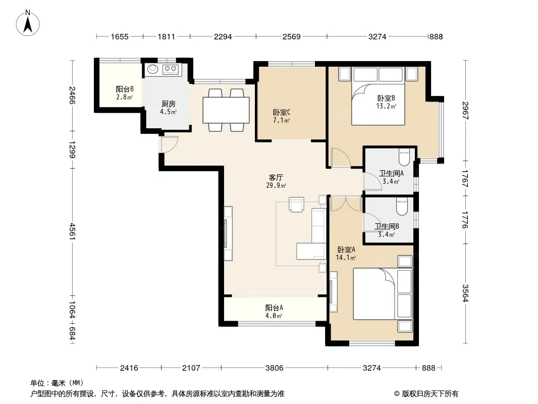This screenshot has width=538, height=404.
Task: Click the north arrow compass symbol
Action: tap(28, 23)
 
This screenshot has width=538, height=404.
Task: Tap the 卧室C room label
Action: tap(282, 112)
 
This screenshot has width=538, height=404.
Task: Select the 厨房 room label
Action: tap(168, 104)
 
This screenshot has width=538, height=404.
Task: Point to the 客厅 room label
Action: tap(276, 177)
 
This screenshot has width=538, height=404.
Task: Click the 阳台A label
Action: tap(274, 308)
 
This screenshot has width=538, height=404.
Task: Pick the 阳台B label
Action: tap(125, 89)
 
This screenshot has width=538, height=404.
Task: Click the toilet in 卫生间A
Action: tap(404, 157)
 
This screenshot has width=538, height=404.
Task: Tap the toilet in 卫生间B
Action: tap(402, 206)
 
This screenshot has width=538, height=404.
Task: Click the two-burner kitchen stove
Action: tap(171, 69)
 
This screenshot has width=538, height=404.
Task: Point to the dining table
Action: tap(226, 110)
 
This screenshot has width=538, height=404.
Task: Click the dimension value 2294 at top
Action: tap(223, 37)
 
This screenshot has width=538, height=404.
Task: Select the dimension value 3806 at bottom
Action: tap(275, 368)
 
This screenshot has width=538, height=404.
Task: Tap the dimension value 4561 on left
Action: tap(72, 231)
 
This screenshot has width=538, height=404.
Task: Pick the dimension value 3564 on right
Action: tap(465, 293)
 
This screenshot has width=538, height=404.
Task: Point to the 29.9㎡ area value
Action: tap(276, 186)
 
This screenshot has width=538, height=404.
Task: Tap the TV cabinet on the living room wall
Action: tap(228, 233)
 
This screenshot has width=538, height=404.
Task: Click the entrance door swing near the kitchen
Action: tap(170, 144)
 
